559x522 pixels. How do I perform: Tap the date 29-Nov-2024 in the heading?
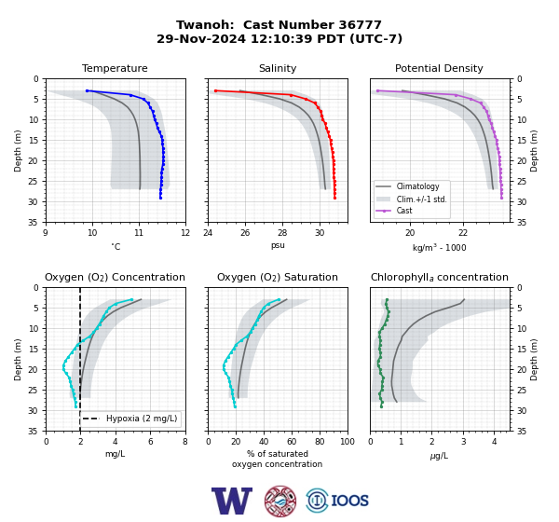(x=201, y=38)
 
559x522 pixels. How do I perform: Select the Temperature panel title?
(x=115, y=68)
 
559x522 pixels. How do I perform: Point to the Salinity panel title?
(x=278, y=68)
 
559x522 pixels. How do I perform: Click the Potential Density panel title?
(x=439, y=68)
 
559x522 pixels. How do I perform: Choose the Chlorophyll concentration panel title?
(x=439, y=277)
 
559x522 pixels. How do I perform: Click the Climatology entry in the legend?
(x=417, y=186)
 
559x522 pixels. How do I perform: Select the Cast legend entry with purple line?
(x=404, y=211)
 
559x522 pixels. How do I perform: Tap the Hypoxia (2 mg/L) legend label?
(x=142, y=419)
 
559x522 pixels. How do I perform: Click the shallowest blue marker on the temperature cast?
(x=87, y=91)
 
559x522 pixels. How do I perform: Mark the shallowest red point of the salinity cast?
(x=215, y=91)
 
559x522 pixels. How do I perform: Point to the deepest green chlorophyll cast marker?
(x=381, y=406)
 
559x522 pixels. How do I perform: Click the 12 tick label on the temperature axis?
(x=185, y=233)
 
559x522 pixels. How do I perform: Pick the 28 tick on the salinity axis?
(x=282, y=233)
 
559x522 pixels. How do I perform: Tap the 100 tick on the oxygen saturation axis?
(x=348, y=442)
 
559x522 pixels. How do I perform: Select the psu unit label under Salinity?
(x=278, y=245)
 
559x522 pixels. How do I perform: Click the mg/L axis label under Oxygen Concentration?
(x=115, y=454)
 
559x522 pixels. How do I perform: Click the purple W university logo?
(x=232, y=501)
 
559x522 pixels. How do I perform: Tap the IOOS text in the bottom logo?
(x=349, y=501)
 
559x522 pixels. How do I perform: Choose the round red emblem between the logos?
(x=280, y=501)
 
